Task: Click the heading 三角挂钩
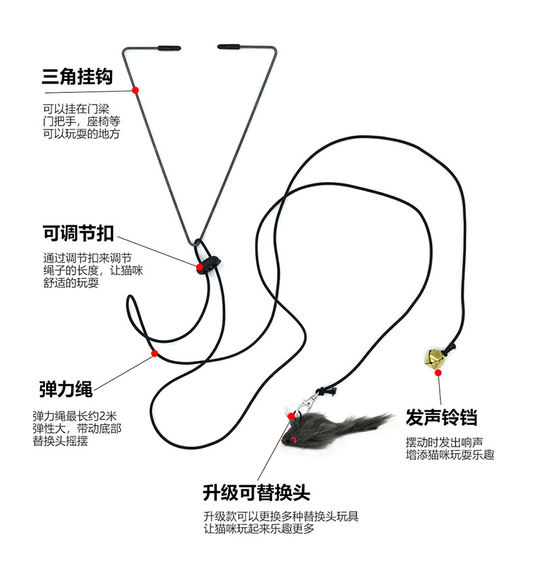77,76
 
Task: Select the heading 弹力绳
66,390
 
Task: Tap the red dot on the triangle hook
136,90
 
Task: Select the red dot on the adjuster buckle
201,267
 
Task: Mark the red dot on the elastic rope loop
155,353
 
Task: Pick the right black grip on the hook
230,46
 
